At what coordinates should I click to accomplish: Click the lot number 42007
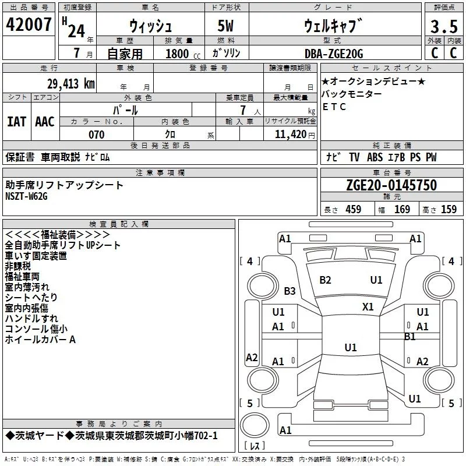pos(29,24)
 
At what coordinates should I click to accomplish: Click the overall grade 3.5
pos(444,26)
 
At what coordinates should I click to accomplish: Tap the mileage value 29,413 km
pos(71,84)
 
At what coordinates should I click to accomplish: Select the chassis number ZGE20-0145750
pos(391,185)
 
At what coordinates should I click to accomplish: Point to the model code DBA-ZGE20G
pos(334,54)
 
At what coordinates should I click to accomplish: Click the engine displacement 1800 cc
pos(183,54)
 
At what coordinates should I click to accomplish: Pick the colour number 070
pos(97,135)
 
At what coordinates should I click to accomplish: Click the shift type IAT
pos(16,122)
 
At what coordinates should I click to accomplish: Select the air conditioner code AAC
pos(45,122)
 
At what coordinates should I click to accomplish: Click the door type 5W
pos(225,26)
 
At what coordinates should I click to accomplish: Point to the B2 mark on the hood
pos(325,280)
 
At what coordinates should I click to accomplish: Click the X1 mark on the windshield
pos(368,307)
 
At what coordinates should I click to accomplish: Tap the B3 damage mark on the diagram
pos(290,291)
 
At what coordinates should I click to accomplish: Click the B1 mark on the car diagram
pos(410,337)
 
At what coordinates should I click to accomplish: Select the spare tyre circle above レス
pos(255,425)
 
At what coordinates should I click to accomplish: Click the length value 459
pos(354,209)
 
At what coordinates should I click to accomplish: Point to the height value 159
pos(449,209)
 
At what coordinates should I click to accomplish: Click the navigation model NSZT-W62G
pos(26,196)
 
